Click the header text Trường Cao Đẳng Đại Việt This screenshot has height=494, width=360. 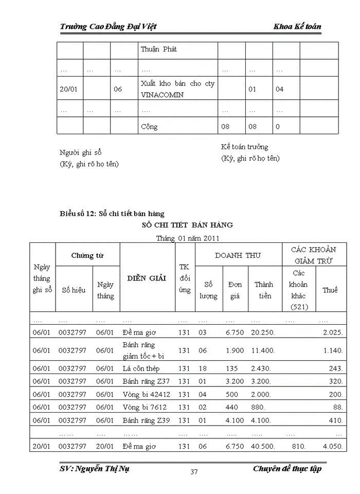pos(108,26)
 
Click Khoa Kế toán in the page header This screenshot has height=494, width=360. pos(298,26)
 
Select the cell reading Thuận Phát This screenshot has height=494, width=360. pos(159,50)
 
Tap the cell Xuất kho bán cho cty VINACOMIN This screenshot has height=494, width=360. pos(177,89)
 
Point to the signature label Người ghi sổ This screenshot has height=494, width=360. pos(81,153)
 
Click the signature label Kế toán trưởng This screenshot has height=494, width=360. pos(244,147)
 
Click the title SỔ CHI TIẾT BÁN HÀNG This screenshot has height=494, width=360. pos(187,225)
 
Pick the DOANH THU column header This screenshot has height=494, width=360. pos(238,255)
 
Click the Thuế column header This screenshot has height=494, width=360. pos(330,290)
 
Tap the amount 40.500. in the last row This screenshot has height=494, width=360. pos(263,446)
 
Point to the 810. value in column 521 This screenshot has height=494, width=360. pos(298,446)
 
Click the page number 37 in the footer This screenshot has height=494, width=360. pos(194,472)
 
